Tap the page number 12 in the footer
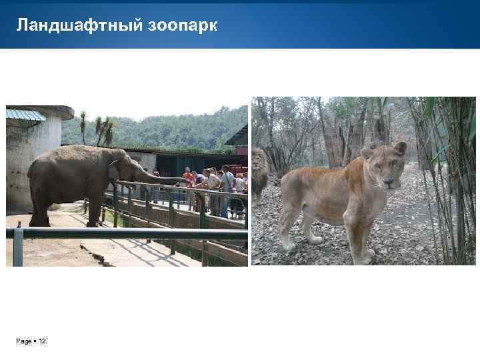[43, 341]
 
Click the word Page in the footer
[24, 341]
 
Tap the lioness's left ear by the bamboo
[399, 147]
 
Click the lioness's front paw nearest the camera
[366, 255]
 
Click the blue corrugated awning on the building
[27, 115]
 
